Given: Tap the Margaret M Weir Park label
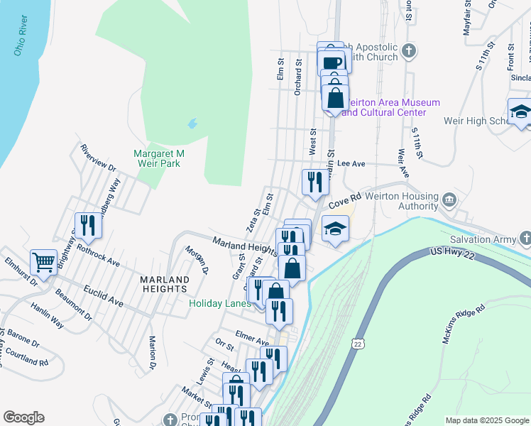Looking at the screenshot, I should pyautogui.click(x=159, y=158).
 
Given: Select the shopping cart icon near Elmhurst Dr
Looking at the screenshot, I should pyautogui.click(x=44, y=262).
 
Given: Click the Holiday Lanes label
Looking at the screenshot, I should pyautogui.click(x=220, y=303).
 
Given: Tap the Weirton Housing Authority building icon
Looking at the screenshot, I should pyautogui.click(x=449, y=200).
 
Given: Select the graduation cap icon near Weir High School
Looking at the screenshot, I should pyautogui.click(x=520, y=111).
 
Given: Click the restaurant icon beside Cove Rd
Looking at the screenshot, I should pyautogui.click(x=314, y=181).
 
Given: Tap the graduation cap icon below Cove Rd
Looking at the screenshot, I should pyautogui.click(x=335, y=228).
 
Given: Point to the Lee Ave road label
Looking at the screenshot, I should pyautogui.click(x=351, y=163).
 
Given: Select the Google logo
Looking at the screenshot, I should pyautogui.click(x=23, y=417).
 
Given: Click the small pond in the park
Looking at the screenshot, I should pyautogui.click(x=192, y=124).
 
